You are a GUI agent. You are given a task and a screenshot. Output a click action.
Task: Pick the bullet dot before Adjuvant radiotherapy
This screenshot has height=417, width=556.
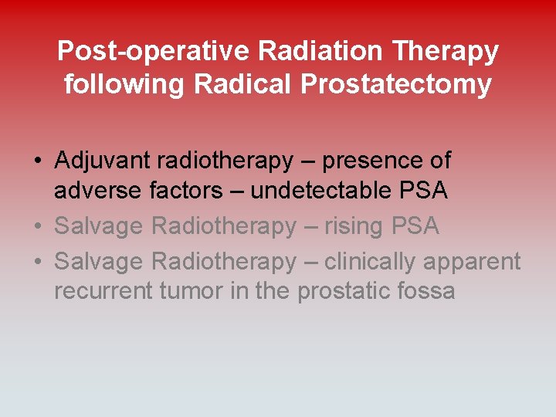(37, 162)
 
